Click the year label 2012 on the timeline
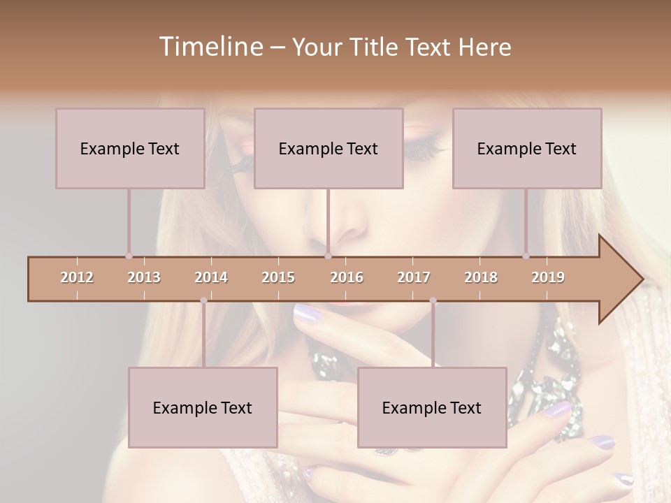[77, 277]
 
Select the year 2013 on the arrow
[144, 277]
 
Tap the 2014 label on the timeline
[211, 277]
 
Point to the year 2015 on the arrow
[278, 277]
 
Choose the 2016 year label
[347, 277]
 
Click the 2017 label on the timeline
[414, 277]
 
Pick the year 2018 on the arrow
[481, 277]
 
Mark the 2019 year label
[548, 277]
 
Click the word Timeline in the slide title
[209, 47]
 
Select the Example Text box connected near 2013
[130, 148]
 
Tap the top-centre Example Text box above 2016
[329, 148]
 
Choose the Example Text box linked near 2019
[527, 148]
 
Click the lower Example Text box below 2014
[203, 407]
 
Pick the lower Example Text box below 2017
[432, 407]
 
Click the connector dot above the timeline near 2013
[129, 256]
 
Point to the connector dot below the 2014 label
[203, 300]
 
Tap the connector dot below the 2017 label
[433, 300]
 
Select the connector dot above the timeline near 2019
[526, 256]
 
